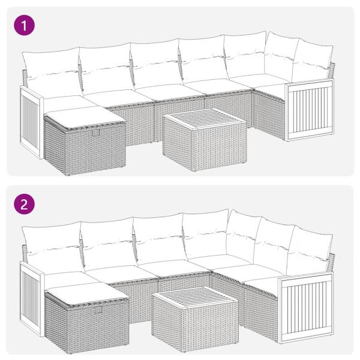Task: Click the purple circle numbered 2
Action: (25, 203)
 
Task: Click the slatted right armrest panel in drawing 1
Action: (309, 111)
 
